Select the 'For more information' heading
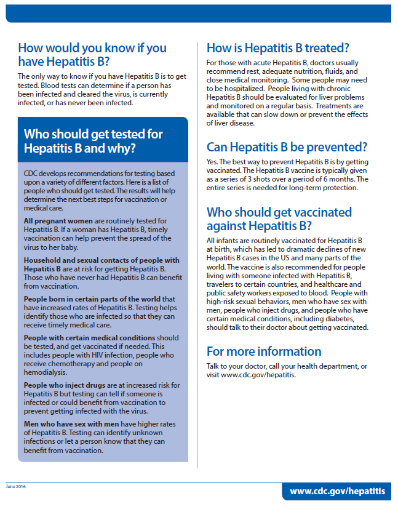[264, 351]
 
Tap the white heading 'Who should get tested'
[93, 141]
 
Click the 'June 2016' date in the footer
[17, 486]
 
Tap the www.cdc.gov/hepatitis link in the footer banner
[337, 491]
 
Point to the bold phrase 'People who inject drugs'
[60, 385]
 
